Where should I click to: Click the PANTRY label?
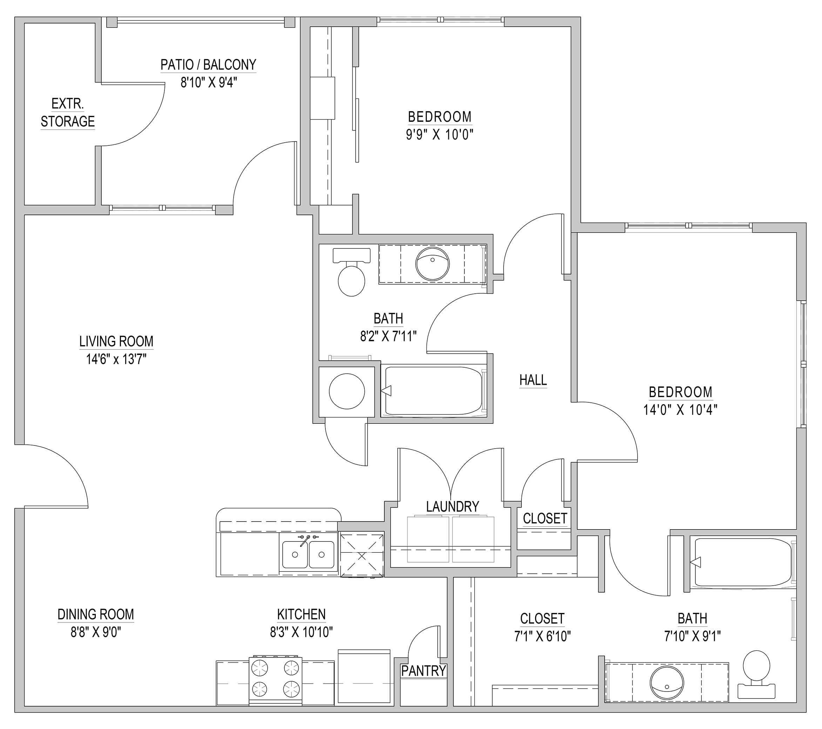tap(424, 671)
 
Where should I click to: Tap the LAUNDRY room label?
tap(452, 506)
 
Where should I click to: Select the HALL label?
tap(533, 380)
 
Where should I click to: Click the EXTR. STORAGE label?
tap(68, 113)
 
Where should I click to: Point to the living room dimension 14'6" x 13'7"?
tap(116, 359)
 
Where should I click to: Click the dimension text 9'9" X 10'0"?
tap(439, 134)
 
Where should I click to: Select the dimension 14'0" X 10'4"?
tap(680, 409)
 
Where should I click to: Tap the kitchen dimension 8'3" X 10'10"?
tap(301, 632)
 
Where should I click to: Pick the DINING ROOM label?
tap(96, 614)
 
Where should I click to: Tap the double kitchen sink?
tap(308, 553)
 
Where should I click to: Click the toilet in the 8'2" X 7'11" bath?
tap(351, 272)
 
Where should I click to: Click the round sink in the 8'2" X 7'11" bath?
tap(432, 264)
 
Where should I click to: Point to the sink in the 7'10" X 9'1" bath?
tap(667, 683)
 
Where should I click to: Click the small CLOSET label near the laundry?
tap(545, 518)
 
